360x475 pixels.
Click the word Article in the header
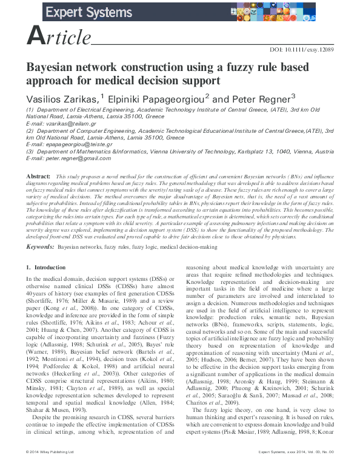click(59, 38)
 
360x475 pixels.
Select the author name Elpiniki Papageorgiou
click(155, 99)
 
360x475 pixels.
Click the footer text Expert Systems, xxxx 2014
click(284, 470)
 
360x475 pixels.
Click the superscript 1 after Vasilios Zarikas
click(103, 96)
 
